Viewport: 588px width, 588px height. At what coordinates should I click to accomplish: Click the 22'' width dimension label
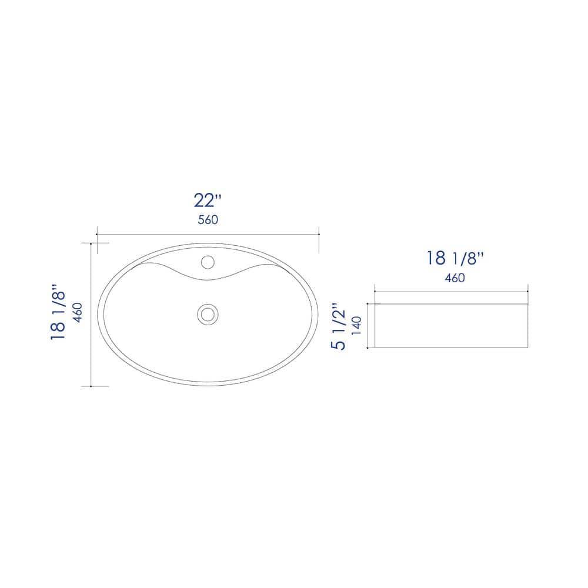click(208, 200)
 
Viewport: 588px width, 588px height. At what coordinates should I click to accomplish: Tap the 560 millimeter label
click(208, 220)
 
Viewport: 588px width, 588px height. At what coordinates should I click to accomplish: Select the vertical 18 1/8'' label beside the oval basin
click(58, 312)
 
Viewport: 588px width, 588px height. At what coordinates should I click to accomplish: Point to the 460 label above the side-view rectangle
click(455, 278)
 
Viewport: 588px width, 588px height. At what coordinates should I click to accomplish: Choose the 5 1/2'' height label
click(338, 327)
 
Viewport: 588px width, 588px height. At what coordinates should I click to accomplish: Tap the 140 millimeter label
click(355, 327)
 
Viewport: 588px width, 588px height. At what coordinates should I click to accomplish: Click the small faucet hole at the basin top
click(207, 260)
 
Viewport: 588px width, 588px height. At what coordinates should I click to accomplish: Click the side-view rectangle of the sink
click(451, 326)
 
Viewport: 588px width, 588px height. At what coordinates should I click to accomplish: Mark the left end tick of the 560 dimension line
click(96, 234)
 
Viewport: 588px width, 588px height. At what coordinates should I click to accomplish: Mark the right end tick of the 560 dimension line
click(319, 234)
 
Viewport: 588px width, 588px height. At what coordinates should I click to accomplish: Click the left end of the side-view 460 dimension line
click(375, 291)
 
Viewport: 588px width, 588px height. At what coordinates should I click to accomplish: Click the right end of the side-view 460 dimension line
click(528, 291)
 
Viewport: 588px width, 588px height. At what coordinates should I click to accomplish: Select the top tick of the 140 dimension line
click(367, 304)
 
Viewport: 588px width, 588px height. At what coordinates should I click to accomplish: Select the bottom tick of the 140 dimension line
click(367, 348)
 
